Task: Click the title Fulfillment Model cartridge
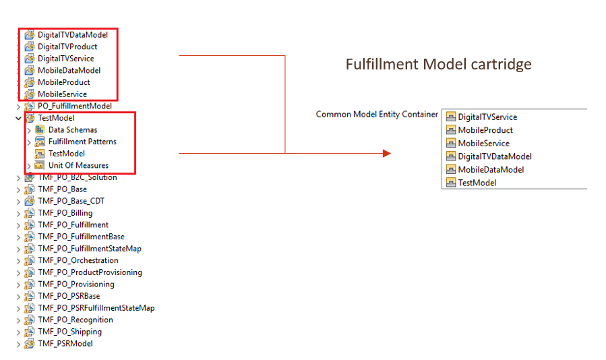click(x=438, y=64)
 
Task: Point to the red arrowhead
click(x=387, y=154)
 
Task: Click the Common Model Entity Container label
click(x=377, y=114)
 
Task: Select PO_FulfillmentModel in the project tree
click(x=75, y=106)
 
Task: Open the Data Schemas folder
click(x=73, y=130)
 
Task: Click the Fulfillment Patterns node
click(x=82, y=142)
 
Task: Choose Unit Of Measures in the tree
click(x=78, y=165)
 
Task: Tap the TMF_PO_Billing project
click(x=65, y=213)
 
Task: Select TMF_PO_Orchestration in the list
click(x=78, y=260)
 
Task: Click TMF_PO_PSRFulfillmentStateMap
click(x=96, y=308)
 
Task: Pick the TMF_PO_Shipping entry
click(x=69, y=332)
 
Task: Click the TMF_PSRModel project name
click(x=65, y=344)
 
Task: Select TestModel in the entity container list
click(x=477, y=183)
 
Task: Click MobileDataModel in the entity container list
click(x=491, y=170)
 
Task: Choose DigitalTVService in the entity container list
click(x=487, y=117)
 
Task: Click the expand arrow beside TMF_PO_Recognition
click(x=18, y=320)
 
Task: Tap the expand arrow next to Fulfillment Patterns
click(x=29, y=142)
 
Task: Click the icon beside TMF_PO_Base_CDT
click(x=30, y=201)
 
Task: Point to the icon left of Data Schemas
click(x=39, y=130)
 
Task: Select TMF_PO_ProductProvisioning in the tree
click(x=90, y=272)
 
